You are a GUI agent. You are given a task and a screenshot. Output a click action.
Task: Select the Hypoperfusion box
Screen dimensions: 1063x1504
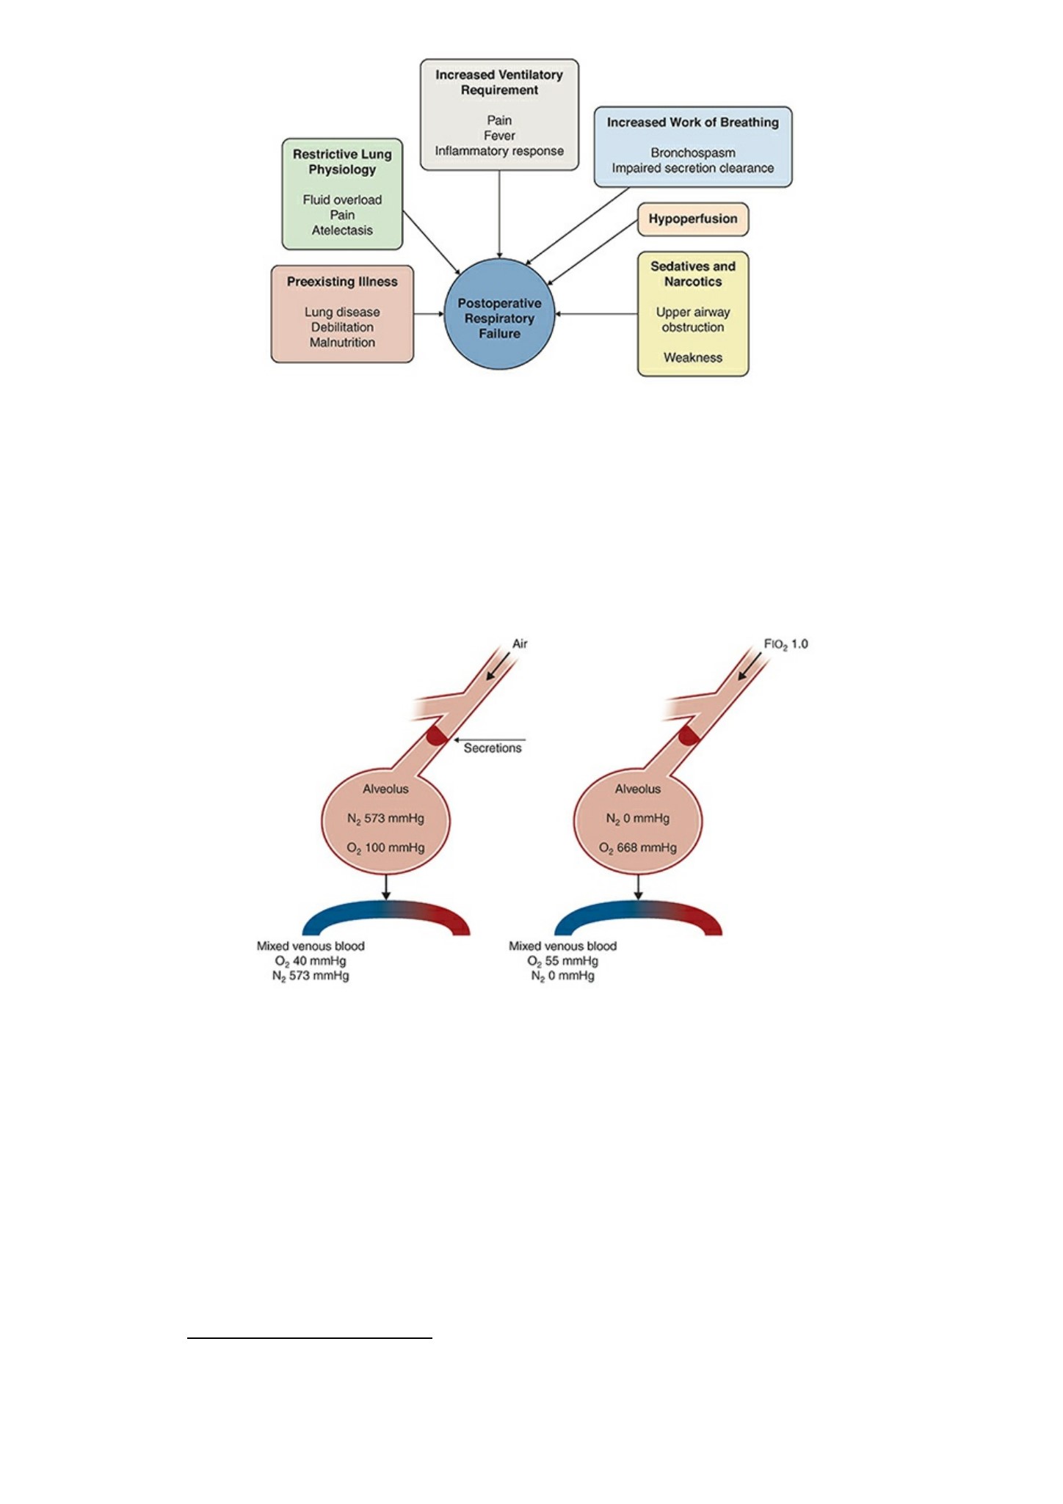pos(693,219)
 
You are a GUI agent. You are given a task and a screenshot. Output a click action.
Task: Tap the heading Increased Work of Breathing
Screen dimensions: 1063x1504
pos(693,123)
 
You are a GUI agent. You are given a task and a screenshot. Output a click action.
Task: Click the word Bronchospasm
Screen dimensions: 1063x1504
pos(693,153)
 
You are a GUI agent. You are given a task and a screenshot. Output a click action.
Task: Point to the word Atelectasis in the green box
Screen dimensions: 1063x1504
pos(342,230)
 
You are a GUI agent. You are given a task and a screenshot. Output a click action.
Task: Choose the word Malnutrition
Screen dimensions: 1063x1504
pos(342,343)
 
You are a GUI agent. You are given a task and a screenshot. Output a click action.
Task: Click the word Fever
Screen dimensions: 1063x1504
pos(499,136)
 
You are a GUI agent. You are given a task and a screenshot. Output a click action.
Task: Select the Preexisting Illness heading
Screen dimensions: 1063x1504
pos(342,282)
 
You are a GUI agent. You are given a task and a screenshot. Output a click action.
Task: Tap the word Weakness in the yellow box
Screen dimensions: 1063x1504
pos(693,358)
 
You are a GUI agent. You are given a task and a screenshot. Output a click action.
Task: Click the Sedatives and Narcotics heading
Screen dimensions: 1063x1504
pos(693,274)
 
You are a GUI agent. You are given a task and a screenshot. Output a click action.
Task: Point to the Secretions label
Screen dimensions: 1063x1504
pos(493,748)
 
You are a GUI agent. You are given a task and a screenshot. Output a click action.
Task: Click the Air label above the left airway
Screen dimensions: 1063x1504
pos(520,644)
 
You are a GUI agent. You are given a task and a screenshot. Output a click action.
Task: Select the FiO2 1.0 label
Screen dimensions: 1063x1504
pos(786,644)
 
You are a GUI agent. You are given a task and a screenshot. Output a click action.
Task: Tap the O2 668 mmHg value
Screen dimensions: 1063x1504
pos(638,848)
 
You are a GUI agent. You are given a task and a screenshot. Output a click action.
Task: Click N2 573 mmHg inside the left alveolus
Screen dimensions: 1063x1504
pos(385,819)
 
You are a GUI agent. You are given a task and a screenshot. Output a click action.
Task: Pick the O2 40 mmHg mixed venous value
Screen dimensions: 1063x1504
pos(311,961)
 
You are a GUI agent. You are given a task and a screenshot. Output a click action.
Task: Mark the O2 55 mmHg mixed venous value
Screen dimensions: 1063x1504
pos(562,961)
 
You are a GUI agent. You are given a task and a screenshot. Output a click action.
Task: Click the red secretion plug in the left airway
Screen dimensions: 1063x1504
pos(438,735)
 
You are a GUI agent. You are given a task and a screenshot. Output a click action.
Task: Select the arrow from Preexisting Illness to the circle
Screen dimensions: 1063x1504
pos(429,314)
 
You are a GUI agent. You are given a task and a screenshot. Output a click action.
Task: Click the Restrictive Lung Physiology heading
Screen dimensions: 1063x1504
pos(342,162)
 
